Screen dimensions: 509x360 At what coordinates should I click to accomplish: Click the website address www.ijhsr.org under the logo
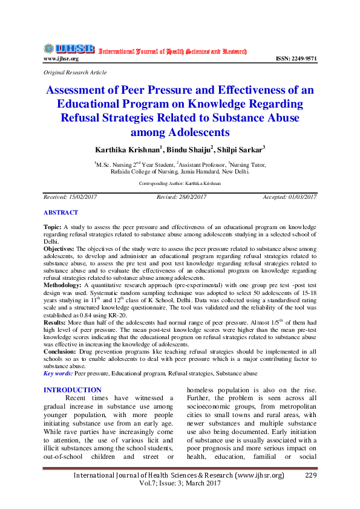61,59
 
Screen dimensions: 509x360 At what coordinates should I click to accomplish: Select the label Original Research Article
75,72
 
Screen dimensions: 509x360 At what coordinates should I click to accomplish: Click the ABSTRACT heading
61,213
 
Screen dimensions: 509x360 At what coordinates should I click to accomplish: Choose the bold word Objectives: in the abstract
59,248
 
